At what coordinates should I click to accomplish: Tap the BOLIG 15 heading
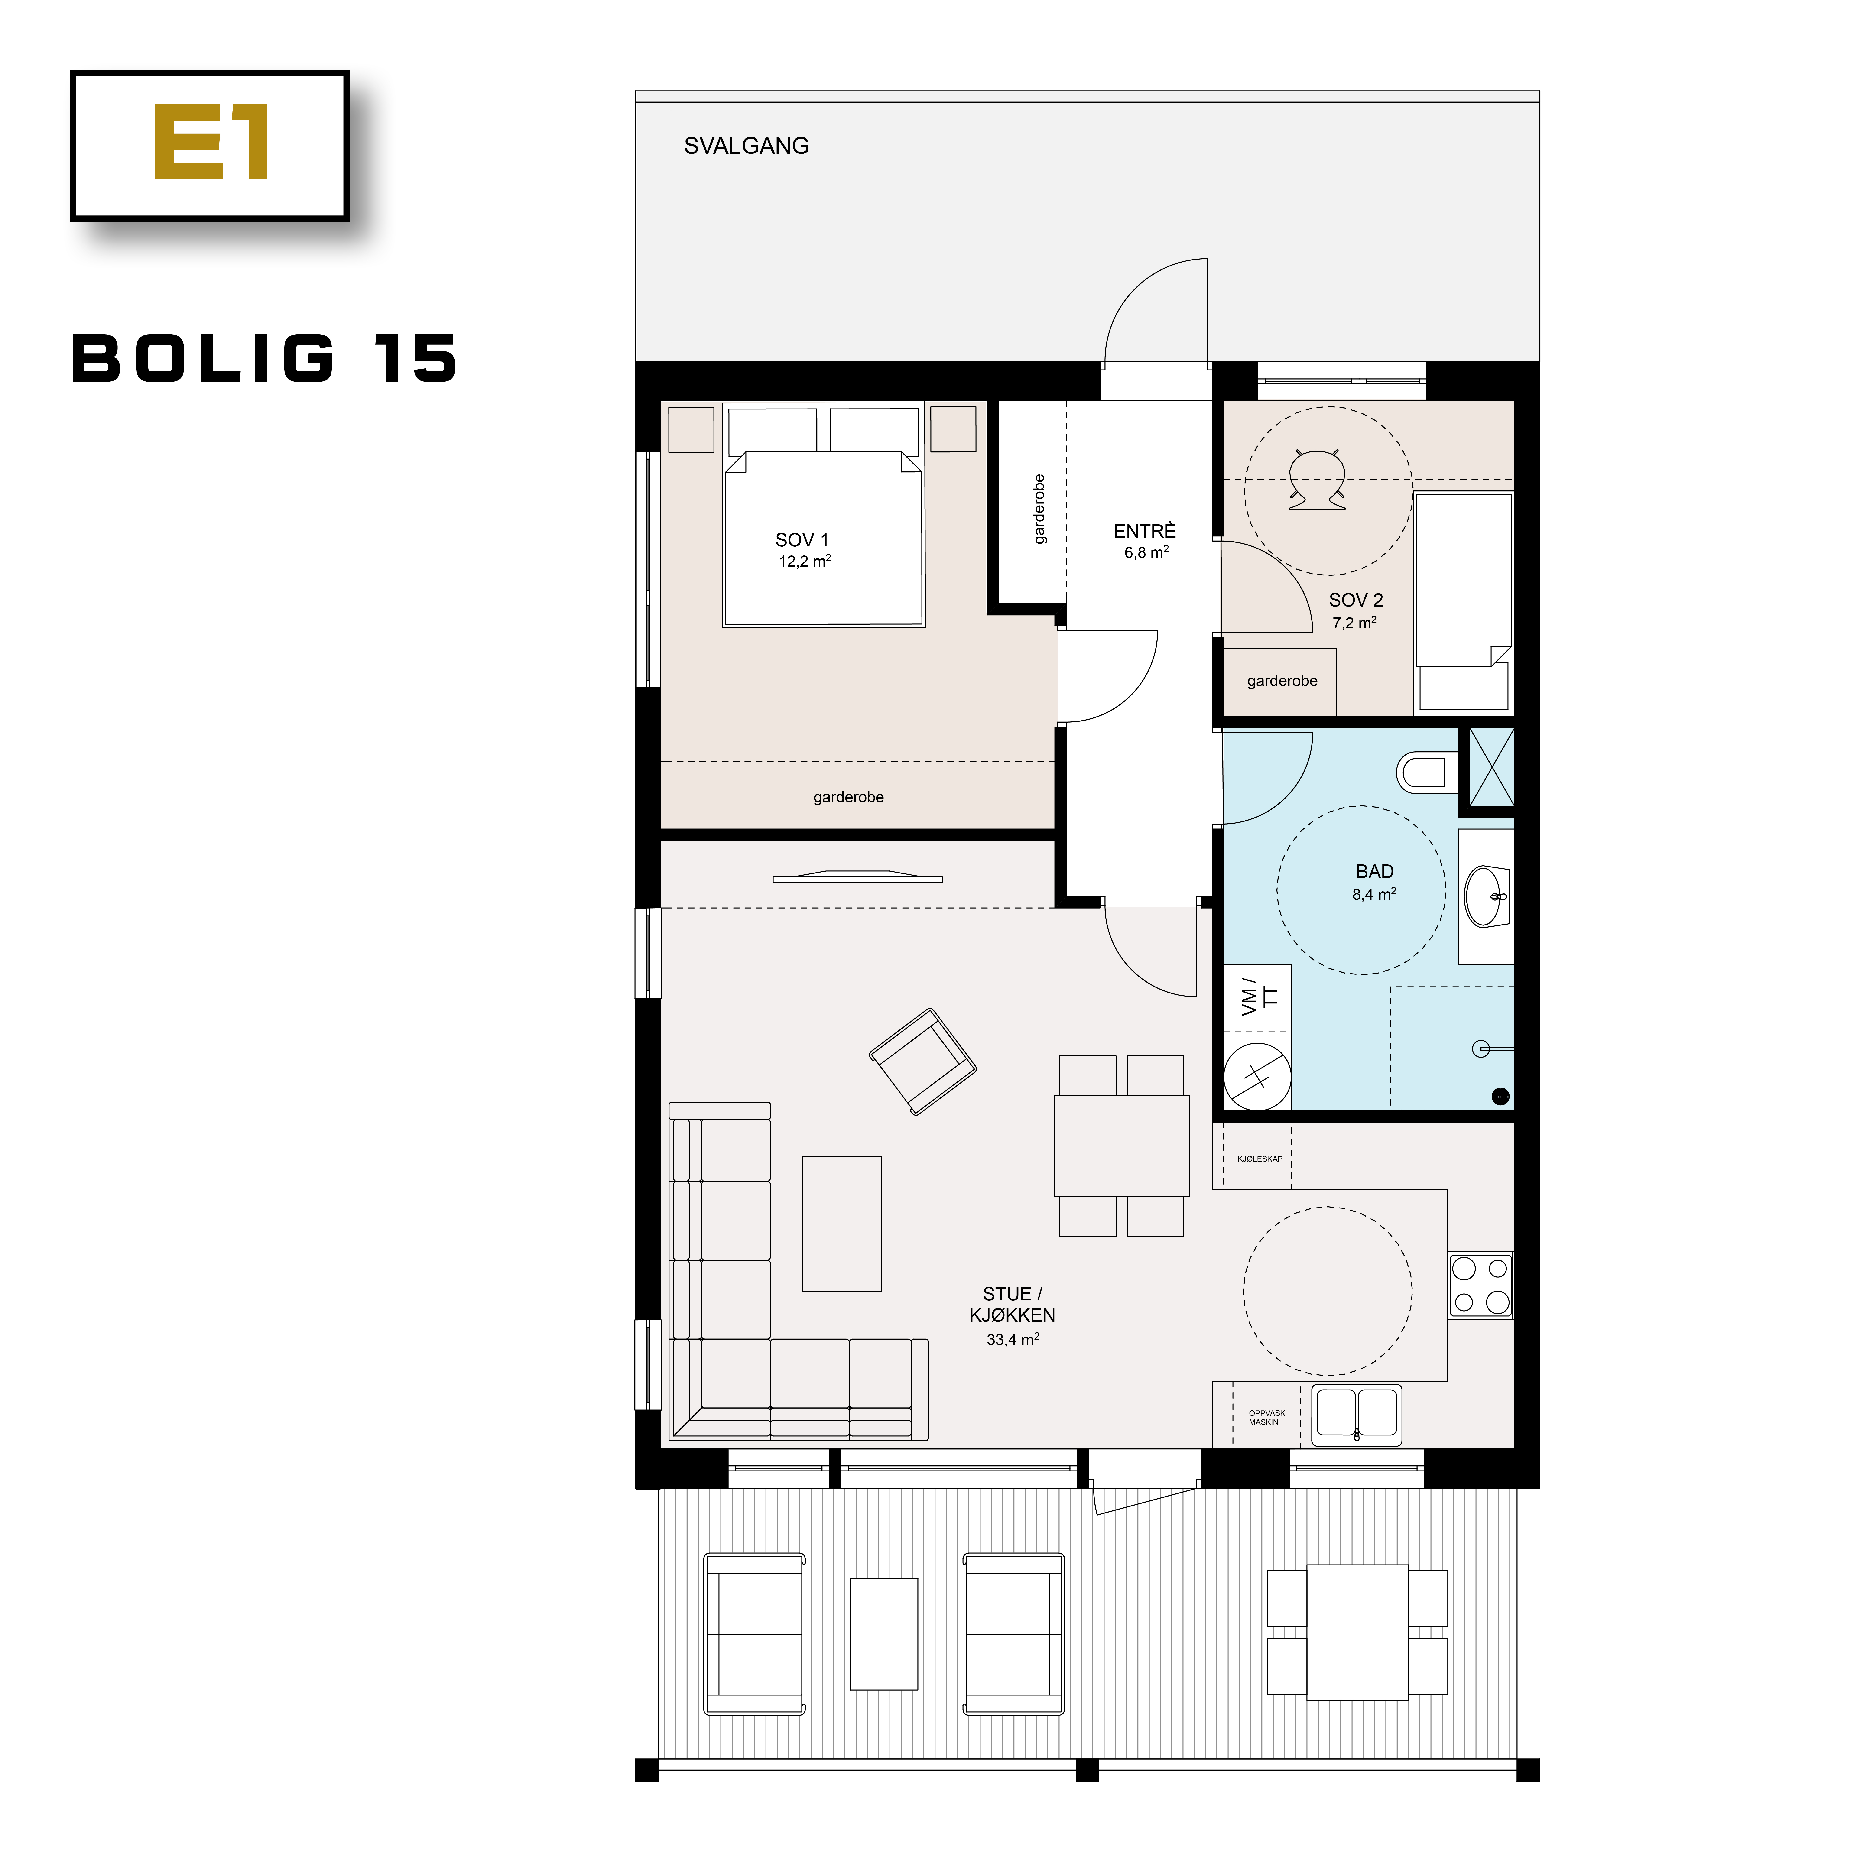tap(264, 360)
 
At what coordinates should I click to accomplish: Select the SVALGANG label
tap(746, 146)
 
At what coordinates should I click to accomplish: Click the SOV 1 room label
tap(802, 540)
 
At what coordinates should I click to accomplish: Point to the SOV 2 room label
tap(1355, 600)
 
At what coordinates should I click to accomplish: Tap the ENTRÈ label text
tap(1144, 532)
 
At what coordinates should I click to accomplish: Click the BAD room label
tap(1373, 872)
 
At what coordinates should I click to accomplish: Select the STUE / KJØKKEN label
tap(1012, 1304)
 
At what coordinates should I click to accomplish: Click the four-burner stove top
tap(1480, 1285)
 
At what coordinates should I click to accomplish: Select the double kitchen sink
tap(1356, 1415)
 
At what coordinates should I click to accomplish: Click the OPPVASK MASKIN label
tap(1266, 1418)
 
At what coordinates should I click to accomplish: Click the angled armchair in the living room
tap(922, 1061)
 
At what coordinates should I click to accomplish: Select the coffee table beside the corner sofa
tap(842, 1224)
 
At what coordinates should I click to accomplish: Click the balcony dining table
tap(1357, 1632)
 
